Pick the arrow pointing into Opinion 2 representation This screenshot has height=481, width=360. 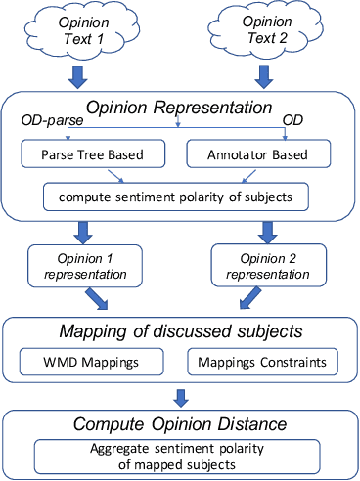[x=267, y=232]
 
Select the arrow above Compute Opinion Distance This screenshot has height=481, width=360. [x=178, y=397]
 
